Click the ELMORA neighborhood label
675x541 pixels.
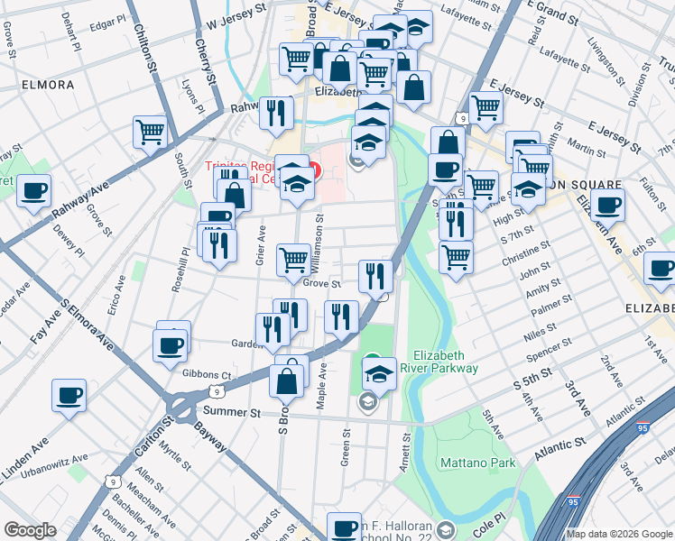point(44,85)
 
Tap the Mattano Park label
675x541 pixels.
point(477,463)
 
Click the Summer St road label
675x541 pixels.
point(231,411)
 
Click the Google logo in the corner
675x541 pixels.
point(30,530)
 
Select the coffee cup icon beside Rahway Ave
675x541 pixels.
point(33,191)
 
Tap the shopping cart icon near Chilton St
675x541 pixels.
point(150,132)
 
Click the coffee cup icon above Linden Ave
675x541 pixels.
point(69,396)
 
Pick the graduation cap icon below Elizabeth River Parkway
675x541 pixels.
point(380,373)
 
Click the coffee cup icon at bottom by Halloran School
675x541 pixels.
point(344,527)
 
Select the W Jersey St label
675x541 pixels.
point(238,17)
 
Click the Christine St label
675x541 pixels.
point(526,254)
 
